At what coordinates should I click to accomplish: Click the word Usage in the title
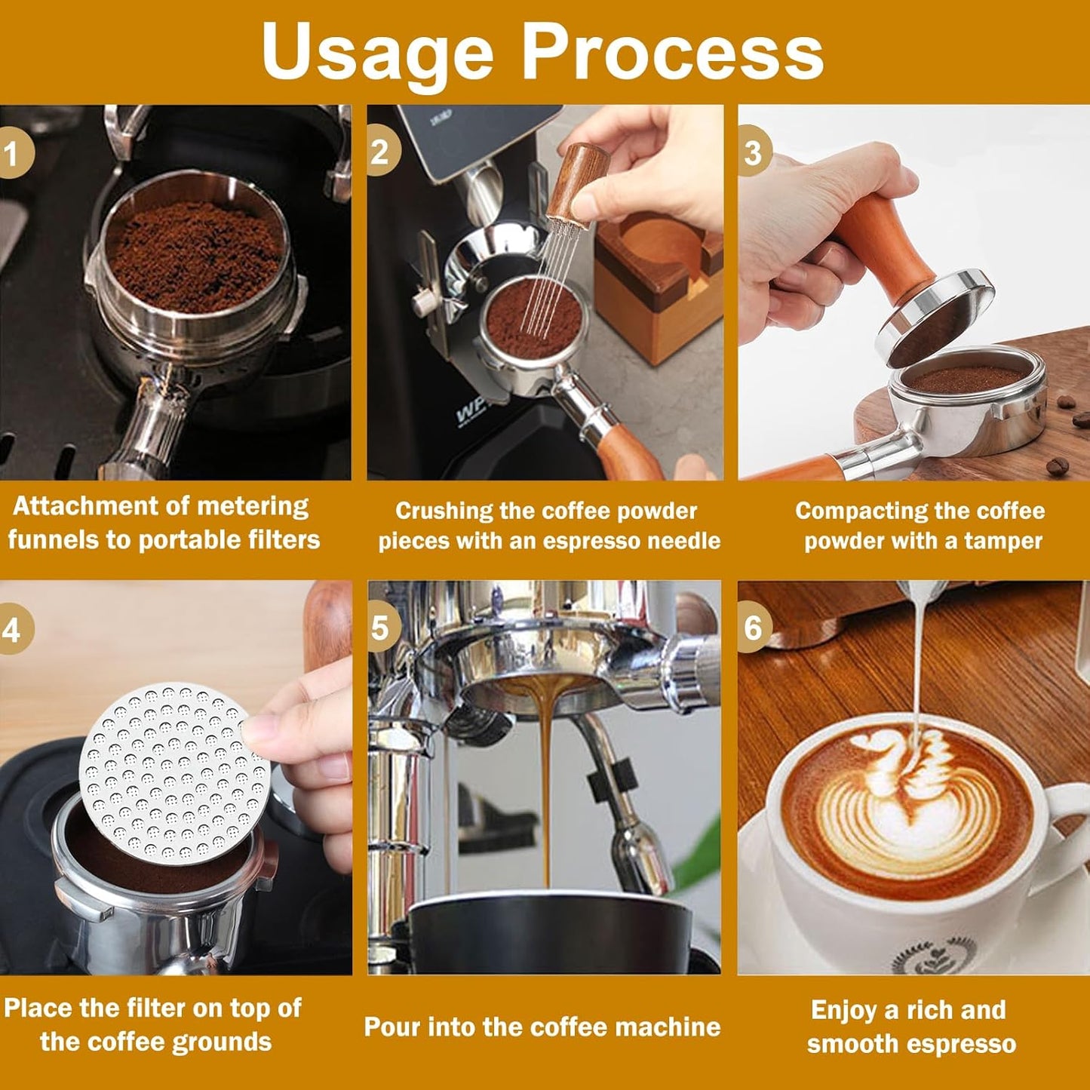click(377, 51)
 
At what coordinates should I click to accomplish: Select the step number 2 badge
click(381, 152)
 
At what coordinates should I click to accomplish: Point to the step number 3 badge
click(753, 152)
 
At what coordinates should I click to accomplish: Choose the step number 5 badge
click(381, 628)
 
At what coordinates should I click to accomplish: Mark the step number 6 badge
click(753, 628)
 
